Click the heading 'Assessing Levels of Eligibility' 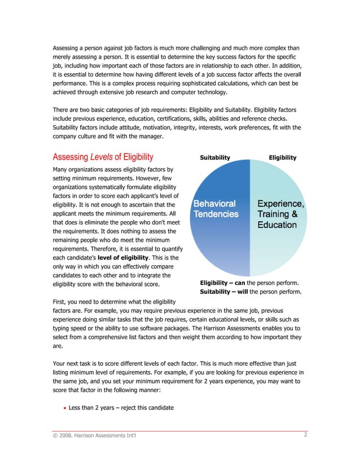[x=102, y=157]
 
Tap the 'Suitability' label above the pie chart [x=215, y=157]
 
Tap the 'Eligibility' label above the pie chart [x=283, y=157]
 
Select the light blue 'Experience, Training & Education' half [x=279, y=248]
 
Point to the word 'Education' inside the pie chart [x=277, y=225]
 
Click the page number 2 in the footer [x=305, y=434]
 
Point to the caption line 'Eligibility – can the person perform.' [x=249, y=282]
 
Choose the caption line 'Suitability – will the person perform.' [x=251, y=292]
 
